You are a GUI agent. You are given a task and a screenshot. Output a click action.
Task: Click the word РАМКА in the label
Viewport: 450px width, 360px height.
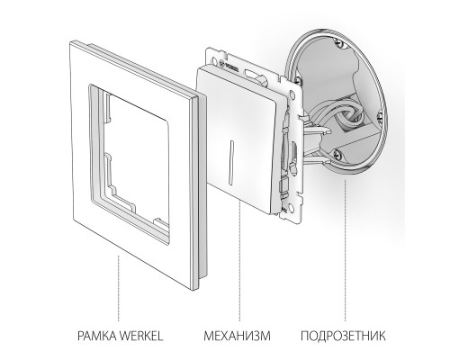click(97, 336)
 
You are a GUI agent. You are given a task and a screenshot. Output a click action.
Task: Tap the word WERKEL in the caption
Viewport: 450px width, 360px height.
click(141, 336)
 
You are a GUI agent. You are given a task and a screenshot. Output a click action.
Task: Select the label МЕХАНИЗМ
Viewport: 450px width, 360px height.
click(237, 336)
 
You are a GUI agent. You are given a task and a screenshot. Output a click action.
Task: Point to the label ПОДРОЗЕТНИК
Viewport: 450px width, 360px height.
click(343, 336)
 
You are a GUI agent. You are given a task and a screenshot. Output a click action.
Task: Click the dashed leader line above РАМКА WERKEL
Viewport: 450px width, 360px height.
click(118, 288)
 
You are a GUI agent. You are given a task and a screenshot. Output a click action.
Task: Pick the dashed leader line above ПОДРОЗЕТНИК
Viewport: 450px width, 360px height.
click(345, 250)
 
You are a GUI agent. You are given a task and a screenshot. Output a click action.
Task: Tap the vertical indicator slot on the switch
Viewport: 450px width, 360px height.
click(232, 162)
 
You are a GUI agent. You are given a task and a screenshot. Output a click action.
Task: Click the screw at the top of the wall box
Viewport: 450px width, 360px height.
click(339, 43)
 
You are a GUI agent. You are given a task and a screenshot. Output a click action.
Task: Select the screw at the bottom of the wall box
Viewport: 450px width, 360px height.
click(337, 154)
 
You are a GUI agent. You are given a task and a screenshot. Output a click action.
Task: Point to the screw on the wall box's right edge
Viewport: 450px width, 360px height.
click(379, 114)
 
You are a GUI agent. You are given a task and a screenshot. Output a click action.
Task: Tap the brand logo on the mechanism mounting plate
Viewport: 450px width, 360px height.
click(229, 66)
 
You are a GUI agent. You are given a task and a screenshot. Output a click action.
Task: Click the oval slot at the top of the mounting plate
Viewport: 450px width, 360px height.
click(249, 73)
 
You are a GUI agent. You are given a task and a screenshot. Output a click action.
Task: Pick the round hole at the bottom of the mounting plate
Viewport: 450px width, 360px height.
click(292, 207)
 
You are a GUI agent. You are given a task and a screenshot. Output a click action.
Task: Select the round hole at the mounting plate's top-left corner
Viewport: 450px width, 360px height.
click(216, 62)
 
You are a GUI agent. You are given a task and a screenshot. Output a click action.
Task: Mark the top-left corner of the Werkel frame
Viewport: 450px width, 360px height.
click(71, 42)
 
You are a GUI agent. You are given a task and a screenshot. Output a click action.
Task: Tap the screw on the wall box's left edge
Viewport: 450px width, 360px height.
click(298, 80)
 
